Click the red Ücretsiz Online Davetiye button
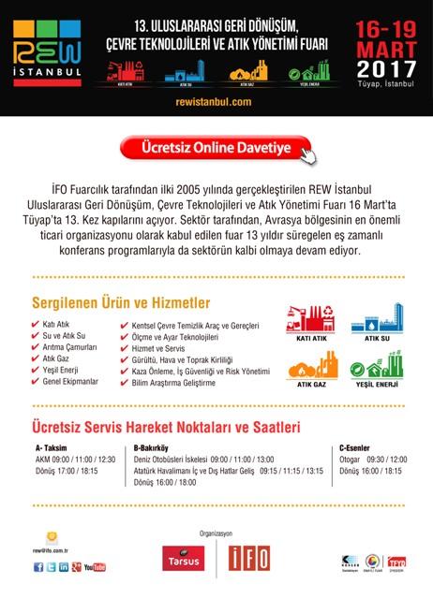pyautogui.click(x=216, y=148)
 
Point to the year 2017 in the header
pyautogui.click(x=386, y=67)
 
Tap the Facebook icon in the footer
pyautogui.click(x=38, y=566)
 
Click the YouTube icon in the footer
pyautogui.click(x=94, y=566)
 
